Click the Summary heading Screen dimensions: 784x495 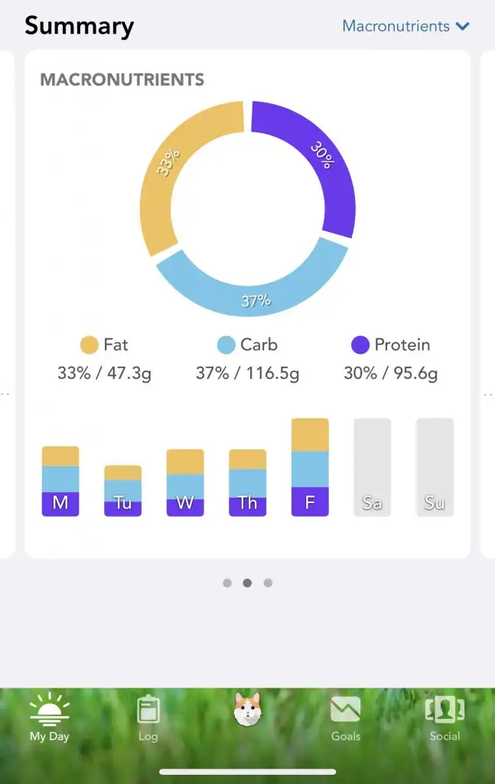click(x=79, y=26)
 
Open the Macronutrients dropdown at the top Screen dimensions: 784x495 click(x=405, y=26)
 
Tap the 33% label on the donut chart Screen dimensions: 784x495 click(x=168, y=162)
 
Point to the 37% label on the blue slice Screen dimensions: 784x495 click(x=256, y=301)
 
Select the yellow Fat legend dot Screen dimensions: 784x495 click(x=90, y=345)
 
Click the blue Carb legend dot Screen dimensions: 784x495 click(x=226, y=345)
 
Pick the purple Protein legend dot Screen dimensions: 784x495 click(x=360, y=345)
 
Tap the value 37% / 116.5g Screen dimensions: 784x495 click(x=247, y=374)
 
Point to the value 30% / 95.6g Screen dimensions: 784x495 click(x=390, y=374)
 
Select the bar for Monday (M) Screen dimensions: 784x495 click(x=60, y=481)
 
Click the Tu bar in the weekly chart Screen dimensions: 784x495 click(x=122, y=491)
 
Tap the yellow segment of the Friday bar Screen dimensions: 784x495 click(x=310, y=435)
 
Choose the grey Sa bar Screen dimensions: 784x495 click(x=372, y=467)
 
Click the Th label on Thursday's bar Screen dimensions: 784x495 click(x=247, y=503)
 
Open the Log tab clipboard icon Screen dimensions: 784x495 click(x=148, y=709)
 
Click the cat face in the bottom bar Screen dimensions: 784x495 click(x=247, y=710)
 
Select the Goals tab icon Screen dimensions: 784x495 click(x=345, y=709)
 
